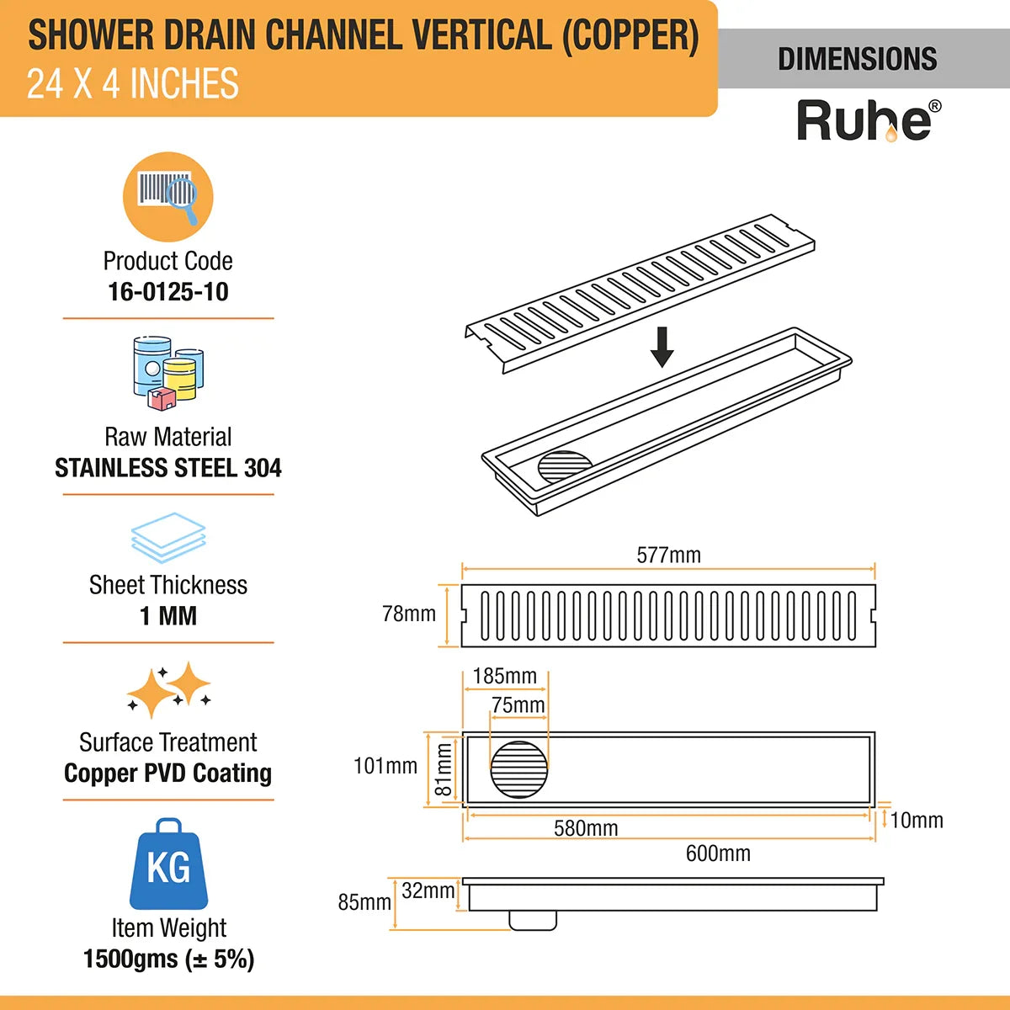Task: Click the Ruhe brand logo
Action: point(868,121)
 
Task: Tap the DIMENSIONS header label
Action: point(857,59)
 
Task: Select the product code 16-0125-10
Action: point(168,292)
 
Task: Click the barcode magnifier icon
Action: point(168,197)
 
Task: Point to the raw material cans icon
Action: point(168,374)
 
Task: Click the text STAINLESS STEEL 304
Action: point(168,468)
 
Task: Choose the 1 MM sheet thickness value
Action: point(168,616)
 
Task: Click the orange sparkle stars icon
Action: point(169,691)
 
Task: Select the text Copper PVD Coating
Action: point(168,773)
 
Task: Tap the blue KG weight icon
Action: point(168,864)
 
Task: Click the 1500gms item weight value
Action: point(168,959)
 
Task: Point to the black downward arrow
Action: point(662,348)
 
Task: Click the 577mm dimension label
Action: point(668,555)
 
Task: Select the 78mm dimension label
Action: point(409,614)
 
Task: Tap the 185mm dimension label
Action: point(504,676)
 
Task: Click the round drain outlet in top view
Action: point(519,769)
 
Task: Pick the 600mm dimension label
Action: point(718,853)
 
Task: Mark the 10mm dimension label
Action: point(917,820)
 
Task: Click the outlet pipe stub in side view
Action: point(533,921)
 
